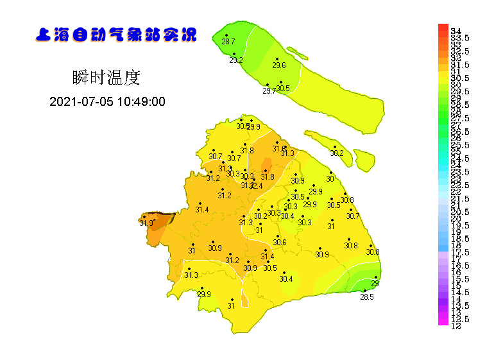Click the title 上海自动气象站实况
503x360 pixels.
click(116, 35)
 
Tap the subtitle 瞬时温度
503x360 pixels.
click(107, 78)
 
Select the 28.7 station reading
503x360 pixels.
click(228, 42)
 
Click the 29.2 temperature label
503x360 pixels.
click(236, 60)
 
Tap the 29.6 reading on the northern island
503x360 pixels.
click(279, 65)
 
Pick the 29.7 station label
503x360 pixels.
click(269, 91)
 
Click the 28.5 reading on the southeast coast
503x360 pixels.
click(366, 297)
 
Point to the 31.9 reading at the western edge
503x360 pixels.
click(146, 223)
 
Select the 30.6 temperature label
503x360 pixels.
click(280, 243)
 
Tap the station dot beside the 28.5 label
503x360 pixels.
click(364, 291)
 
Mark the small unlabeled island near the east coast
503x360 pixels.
click(364, 159)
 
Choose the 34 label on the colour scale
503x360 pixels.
click(457, 31)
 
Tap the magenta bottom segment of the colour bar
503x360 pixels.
click(443, 323)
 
